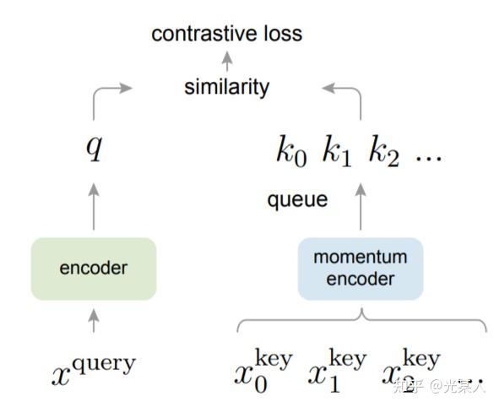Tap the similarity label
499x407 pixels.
click(226, 86)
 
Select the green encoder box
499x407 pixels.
click(94, 269)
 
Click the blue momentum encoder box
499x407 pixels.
click(360, 268)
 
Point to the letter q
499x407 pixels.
click(94, 149)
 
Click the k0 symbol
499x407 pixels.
click(291, 152)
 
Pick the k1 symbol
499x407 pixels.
click(336, 152)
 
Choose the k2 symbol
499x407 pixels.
click(382, 152)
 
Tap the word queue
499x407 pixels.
click(297, 200)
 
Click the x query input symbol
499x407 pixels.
click(94, 369)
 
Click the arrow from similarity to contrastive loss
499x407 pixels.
click(226, 60)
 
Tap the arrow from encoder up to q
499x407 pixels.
click(94, 204)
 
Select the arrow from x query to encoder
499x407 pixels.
click(94, 320)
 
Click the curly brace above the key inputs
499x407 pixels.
click(361, 320)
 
